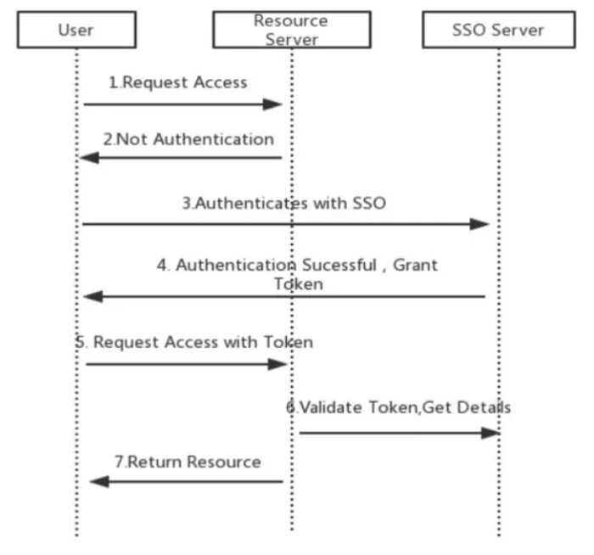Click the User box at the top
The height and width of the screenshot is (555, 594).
[x=76, y=30]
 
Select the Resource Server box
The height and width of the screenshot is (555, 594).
[x=291, y=30]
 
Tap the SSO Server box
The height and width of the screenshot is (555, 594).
[x=497, y=30]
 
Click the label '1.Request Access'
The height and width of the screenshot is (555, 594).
[x=177, y=82]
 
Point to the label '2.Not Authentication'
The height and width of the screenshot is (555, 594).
[x=188, y=139]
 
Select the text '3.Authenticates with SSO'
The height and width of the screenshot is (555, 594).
[x=284, y=204]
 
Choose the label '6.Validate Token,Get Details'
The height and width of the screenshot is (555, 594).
[x=398, y=407]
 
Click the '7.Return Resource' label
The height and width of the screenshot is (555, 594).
[x=188, y=462]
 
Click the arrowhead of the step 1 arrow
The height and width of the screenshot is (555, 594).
[x=272, y=104]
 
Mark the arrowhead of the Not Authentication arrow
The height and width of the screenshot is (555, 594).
[x=89, y=158]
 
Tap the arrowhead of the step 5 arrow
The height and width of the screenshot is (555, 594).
[x=280, y=364]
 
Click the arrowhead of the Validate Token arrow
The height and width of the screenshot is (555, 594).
[x=490, y=433]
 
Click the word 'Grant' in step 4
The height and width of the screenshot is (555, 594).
[x=415, y=265]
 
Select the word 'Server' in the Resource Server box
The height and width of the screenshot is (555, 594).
[x=291, y=38]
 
